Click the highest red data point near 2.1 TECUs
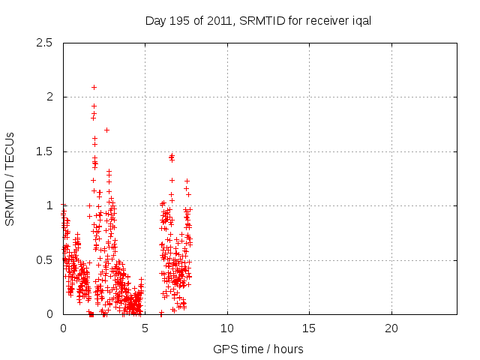tap(94, 87)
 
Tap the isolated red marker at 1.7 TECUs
tap(106, 130)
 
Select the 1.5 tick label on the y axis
tap(46, 151)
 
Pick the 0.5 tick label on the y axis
tap(46, 260)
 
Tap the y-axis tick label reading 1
tap(52, 205)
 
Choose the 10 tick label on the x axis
tap(227, 328)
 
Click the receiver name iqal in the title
tap(361, 21)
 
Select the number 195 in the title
tap(184, 21)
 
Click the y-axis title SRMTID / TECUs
tap(11, 178)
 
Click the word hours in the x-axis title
tap(289, 349)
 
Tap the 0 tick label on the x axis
tap(63, 328)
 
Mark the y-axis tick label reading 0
tap(52, 314)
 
